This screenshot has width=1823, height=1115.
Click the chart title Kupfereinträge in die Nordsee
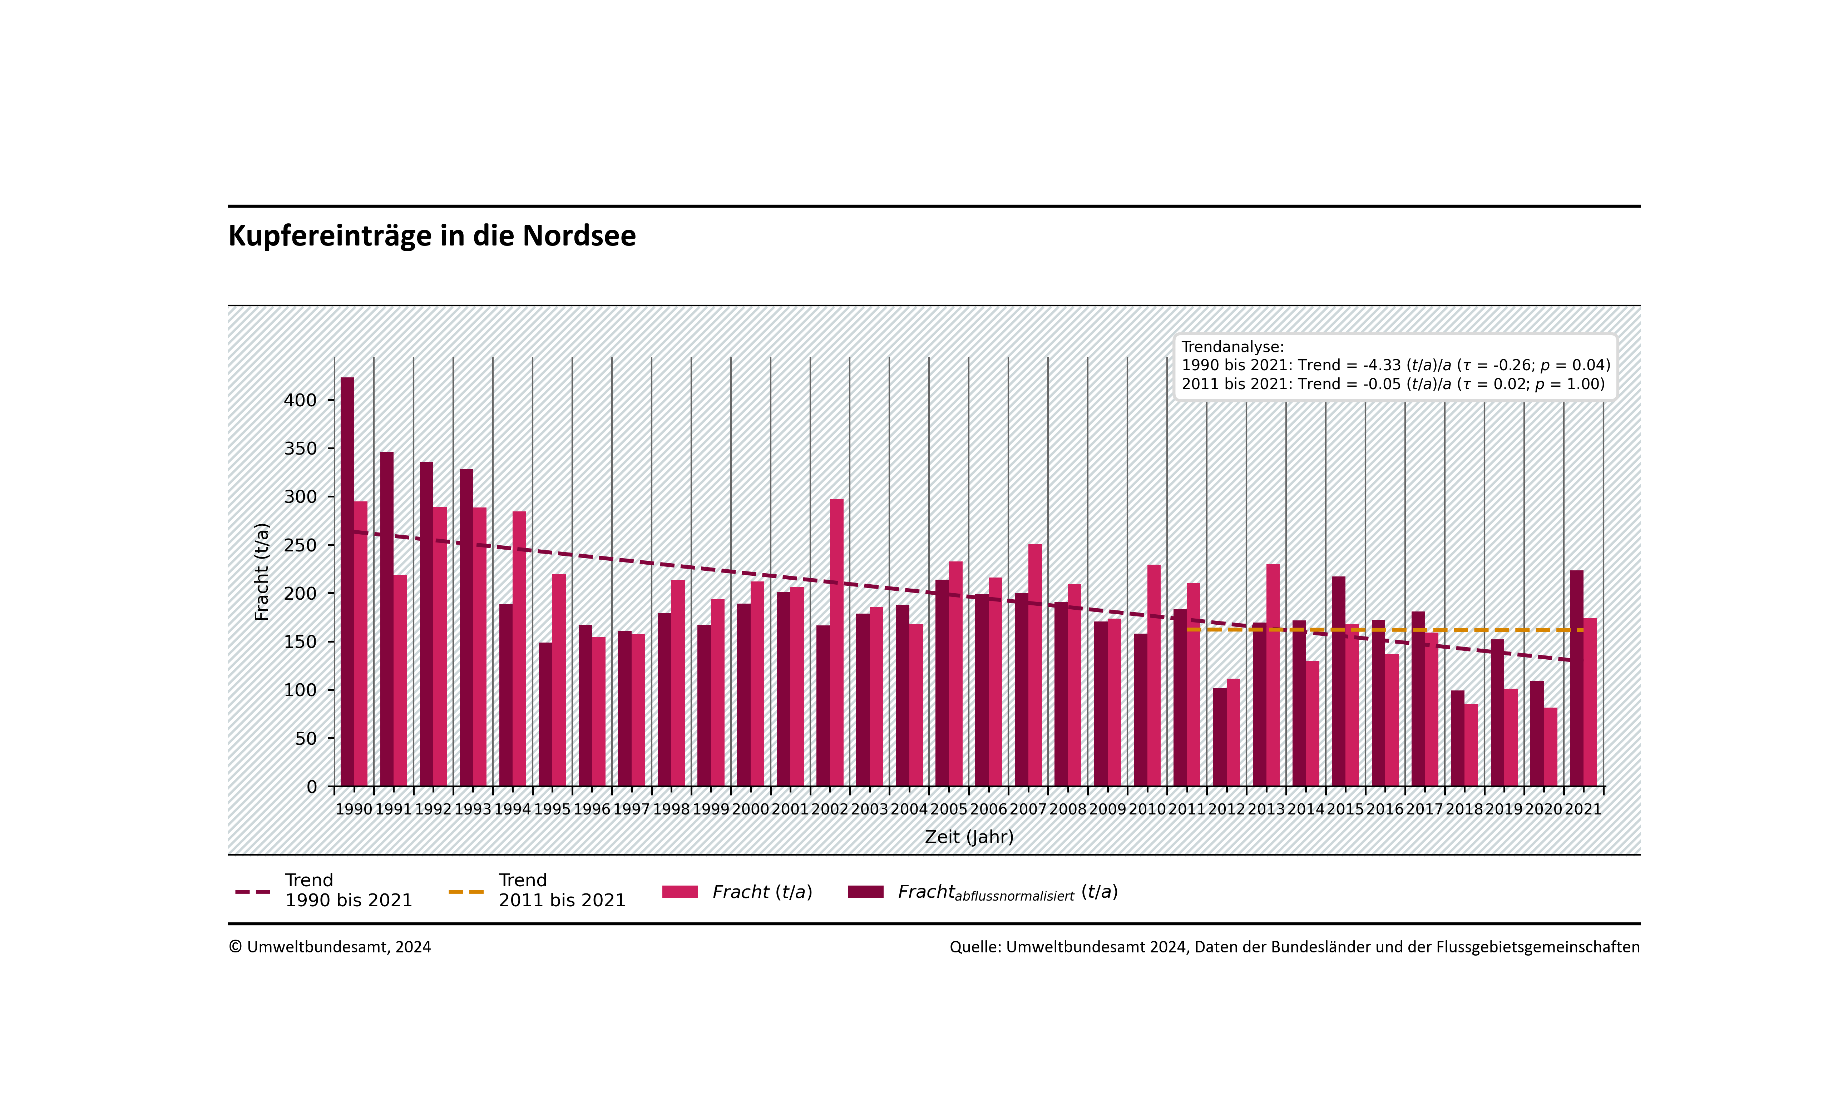tap(432, 236)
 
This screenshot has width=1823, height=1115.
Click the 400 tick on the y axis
tap(300, 400)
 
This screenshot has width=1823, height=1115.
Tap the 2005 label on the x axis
tap(948, 809)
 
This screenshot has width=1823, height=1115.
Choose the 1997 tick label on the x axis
tap(631, 809)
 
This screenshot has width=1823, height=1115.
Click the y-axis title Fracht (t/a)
tap(261, 571)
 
